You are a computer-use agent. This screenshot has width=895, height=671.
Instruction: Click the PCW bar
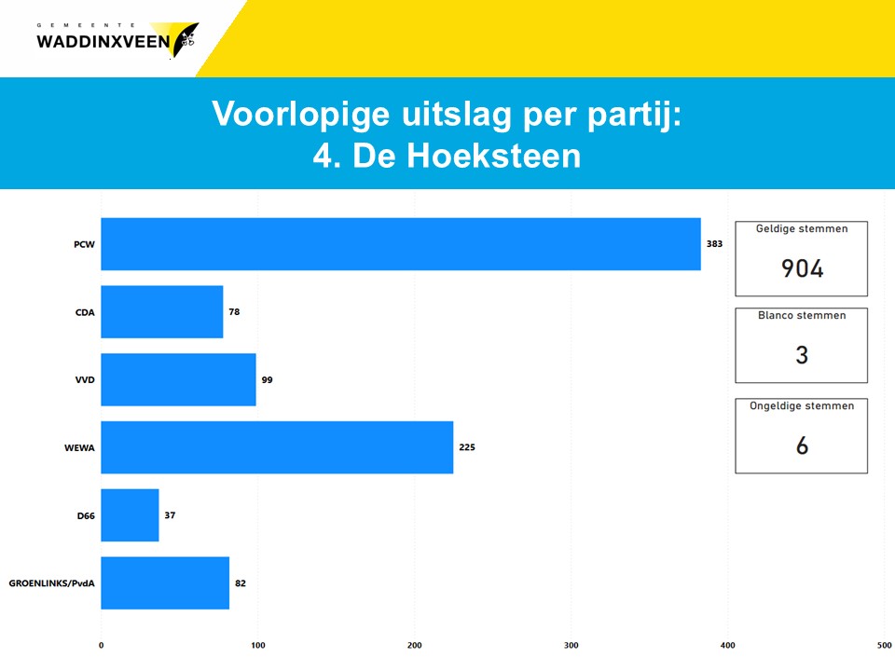(x=401, y=243)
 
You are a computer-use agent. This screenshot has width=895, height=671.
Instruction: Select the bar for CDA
(x=162, y=311)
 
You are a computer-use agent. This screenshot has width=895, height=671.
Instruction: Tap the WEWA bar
(x=277, y=447)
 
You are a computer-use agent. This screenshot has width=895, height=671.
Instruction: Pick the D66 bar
(x=131, y=515)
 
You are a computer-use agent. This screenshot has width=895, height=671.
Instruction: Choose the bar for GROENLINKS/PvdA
(x=165, y=583)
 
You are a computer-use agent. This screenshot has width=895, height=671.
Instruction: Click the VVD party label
(x=85, y=380)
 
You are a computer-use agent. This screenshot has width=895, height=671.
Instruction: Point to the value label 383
(x=715, y=243)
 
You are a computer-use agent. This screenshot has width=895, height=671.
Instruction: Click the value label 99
(x=268, y=380)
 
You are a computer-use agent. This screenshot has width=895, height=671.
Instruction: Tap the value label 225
(x=467, y=447)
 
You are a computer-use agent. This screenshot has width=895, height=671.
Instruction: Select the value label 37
(x=170, y=515)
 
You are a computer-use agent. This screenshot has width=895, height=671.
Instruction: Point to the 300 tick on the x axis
(x=571, y=645)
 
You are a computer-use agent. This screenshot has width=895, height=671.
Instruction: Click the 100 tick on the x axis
(x=258, y=645)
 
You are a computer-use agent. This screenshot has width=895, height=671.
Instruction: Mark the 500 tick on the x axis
(x=884, y=645)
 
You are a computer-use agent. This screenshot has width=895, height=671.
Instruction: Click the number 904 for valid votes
(x=802, y=268)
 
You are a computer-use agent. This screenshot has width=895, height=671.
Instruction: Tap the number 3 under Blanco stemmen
(x=802, y=355)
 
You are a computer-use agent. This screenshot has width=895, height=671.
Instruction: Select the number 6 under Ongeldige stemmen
(x=802, y=445)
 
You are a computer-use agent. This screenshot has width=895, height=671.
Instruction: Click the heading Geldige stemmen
(x=802, y=229)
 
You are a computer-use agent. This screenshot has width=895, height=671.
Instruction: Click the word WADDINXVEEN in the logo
(x=103, y=42)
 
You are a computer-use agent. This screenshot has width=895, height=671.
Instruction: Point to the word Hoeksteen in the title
(x=493, y=156)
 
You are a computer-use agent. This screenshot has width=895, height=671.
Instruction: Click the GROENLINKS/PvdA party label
(x=51, y=583)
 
